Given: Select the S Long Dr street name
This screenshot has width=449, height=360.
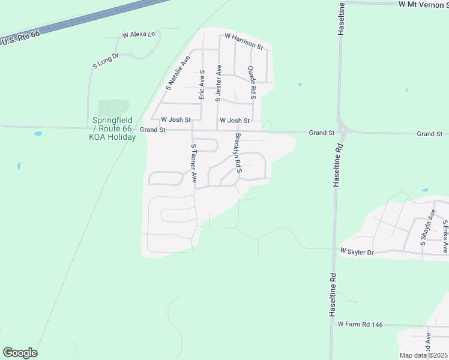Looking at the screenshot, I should coord(106,61).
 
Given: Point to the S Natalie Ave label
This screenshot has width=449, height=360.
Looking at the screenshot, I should coord(178,73).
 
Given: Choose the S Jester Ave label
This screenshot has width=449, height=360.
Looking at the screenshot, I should coord(218,83).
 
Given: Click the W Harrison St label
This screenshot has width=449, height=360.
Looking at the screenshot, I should coord(244,41).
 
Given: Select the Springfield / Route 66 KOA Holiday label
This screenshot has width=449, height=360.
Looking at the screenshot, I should coord(113,128).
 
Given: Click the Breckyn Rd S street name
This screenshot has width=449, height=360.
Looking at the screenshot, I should coord(238,153).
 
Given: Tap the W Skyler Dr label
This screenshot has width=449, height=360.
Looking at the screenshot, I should coord(357,251).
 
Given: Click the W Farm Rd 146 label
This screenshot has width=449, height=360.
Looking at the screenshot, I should coord(360,324).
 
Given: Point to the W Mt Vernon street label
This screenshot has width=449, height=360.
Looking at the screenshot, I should coord(423,4).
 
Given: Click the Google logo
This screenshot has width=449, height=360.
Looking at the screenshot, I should coord(20,353).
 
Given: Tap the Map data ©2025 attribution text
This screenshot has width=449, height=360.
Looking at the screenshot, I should coord(423,355).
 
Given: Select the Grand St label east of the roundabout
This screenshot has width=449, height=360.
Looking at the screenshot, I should coord(429,134).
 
